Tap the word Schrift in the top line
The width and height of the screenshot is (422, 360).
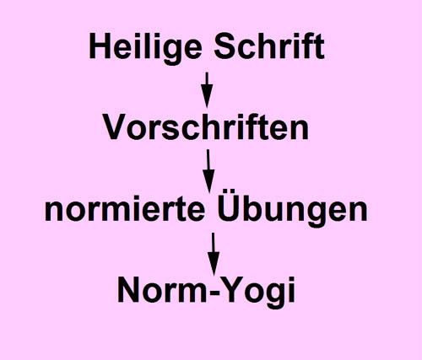pos(269,46)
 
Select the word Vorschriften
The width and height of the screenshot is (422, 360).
pos(206,126)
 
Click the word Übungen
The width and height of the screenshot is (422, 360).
pos(293,208)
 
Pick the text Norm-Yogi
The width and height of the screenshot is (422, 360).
pos(206,290)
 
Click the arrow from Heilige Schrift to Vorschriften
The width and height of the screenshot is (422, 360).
pos(207,90)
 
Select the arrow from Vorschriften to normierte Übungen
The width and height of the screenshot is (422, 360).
pos(208,171)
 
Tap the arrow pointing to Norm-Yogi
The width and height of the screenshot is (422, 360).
pos(214,254)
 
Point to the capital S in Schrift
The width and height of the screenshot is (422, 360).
pos(225,46)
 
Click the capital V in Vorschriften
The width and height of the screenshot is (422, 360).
pos(115,126)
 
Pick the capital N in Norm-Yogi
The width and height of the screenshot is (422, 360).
pos(129,289)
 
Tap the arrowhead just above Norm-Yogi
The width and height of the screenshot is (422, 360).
pos(214,263)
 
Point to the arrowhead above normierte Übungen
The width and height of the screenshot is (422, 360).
pos(208,180)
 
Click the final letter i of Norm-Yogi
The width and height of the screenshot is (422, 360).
pos(292,289)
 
